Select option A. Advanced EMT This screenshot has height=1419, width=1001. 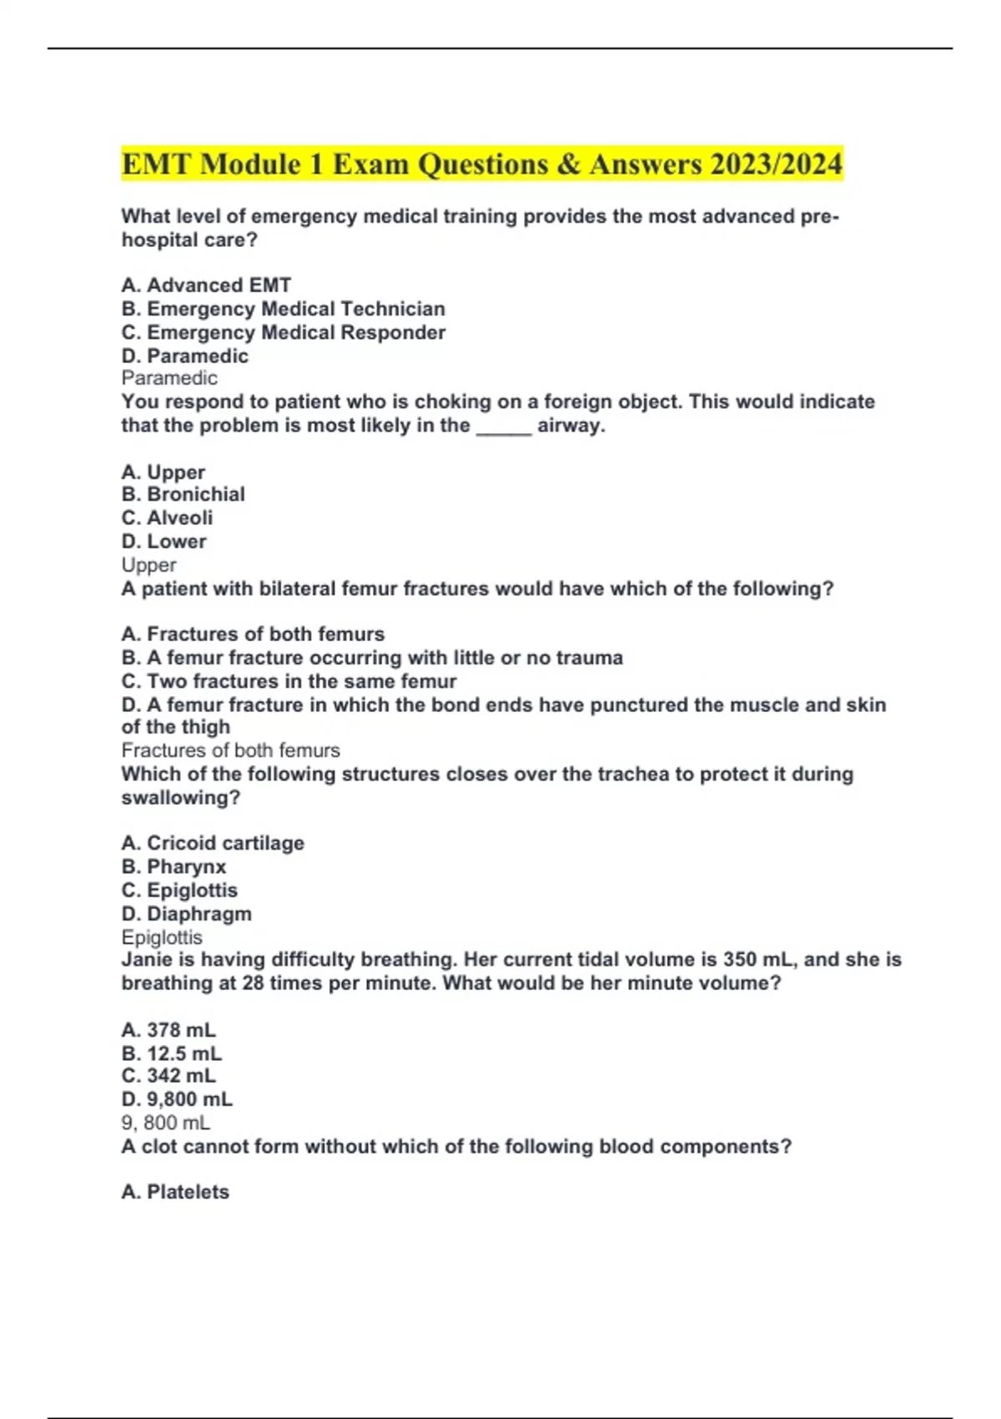tap(206, 285)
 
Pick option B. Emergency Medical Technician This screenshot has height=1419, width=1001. tap(283, 309)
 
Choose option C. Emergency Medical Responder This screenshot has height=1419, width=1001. tap(283, 332)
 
